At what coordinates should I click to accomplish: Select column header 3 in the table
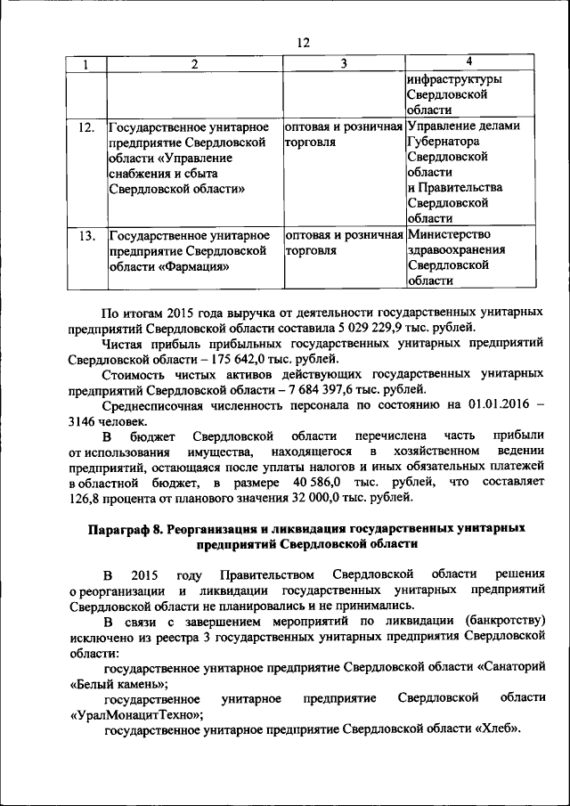coord(343,63)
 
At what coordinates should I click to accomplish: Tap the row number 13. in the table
coord(86,236)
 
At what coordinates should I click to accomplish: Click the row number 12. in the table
coord(86,126)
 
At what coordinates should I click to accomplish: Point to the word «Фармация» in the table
coord(193,266)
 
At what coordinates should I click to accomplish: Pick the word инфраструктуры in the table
coord(454,79)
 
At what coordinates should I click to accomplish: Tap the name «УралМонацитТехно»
coord(134,714)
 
